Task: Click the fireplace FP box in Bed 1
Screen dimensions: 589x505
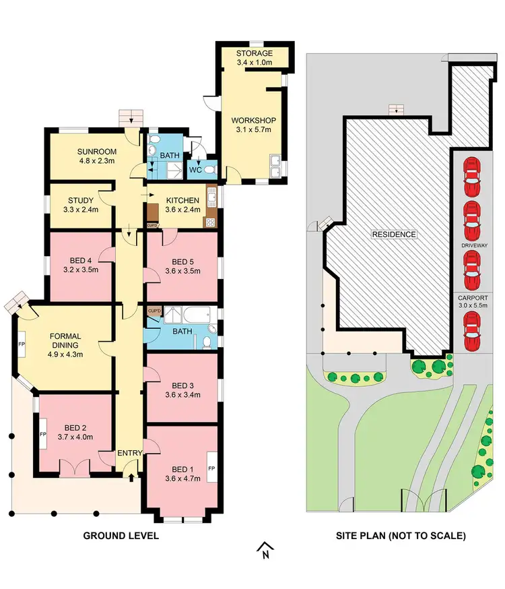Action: pos(211,468)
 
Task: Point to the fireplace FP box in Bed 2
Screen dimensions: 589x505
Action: pos(42,435)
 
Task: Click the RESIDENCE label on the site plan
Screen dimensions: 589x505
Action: pos(394,235)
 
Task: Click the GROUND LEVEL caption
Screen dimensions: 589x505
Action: pos(121,536)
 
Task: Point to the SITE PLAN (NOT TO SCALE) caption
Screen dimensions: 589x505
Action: pos(401,536)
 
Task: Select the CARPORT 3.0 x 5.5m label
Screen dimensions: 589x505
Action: pos(472,302)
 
